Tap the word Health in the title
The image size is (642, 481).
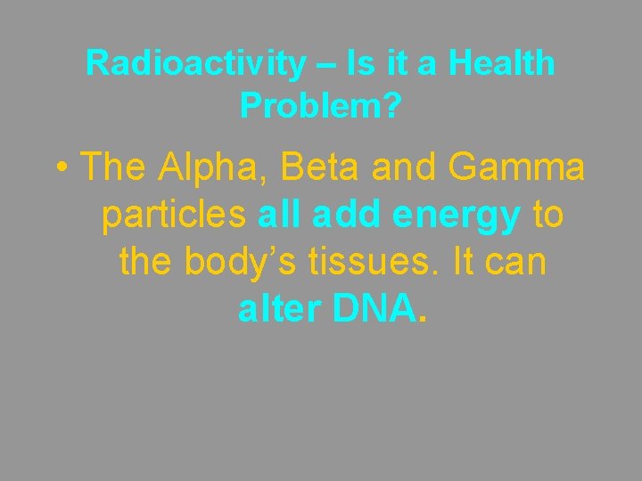(501, 63)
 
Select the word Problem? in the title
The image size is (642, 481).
(321, 106)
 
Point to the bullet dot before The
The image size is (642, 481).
(63, 168)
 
